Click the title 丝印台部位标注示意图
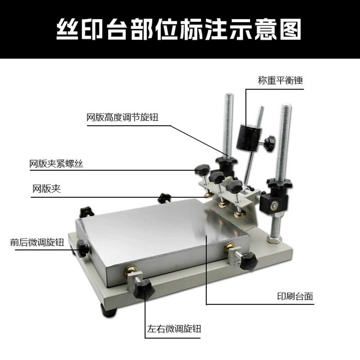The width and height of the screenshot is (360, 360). (179, 30)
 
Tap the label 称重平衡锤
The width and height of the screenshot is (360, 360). (280, 80)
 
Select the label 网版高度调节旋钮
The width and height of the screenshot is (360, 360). (122, 117)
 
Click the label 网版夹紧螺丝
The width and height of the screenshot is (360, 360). (56, 164)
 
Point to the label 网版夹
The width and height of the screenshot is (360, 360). (46, 189)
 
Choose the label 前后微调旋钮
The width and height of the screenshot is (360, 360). (37, 242)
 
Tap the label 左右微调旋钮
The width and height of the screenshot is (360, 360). (174, 329)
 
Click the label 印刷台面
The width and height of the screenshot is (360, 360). (295, 296)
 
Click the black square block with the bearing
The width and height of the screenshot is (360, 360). (274, 204)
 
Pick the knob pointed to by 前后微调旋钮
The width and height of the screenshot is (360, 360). (83, 248)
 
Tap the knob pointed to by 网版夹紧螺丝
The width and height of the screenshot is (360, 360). (202, 170)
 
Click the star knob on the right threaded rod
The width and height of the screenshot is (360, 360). (279, 183)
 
